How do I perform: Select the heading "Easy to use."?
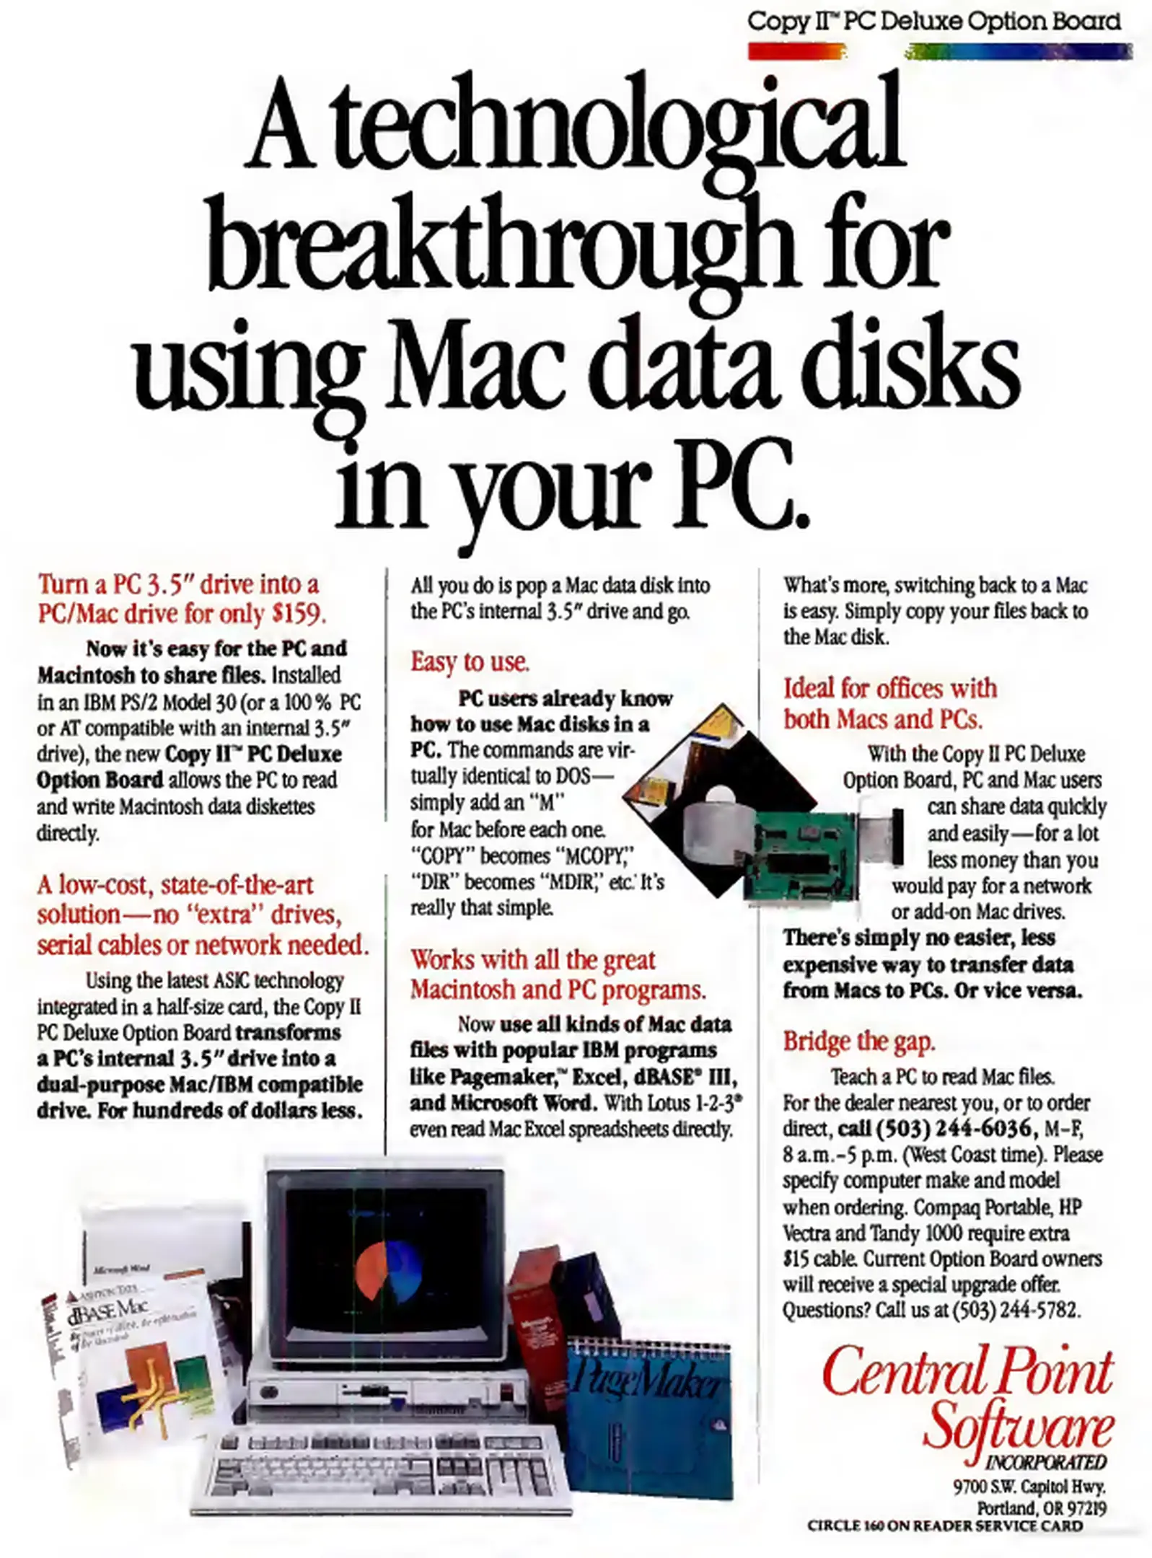(470, 661)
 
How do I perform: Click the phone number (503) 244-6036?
(952, 1128)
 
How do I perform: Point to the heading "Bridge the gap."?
(858, 1042)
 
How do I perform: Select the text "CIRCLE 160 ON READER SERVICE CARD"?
(945, 1526)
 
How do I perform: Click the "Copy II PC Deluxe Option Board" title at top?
(934, 21)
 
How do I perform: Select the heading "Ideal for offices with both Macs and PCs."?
(890, 703)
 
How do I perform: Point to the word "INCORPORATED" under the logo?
(1047, 1462)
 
